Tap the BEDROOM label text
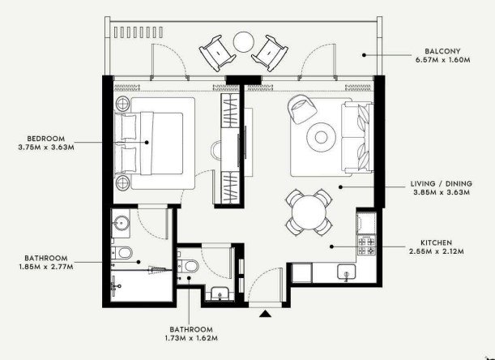click(x=46, y=139)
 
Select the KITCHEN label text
click(x=437, y=242)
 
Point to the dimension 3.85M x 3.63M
click(x=442, y=192)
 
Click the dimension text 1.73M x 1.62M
click(x=191, y=338)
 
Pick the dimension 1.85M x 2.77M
click(x=46, y=267)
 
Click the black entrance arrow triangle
click(x=265, y=314)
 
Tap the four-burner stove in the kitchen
click(x=366, y=245)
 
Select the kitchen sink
click(x=346, y=272)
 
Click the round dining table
click(x=309, y=212)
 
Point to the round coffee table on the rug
click(x=321, y=137)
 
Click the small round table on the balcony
click(x=244, y=42)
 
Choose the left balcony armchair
click(x=217, y=53)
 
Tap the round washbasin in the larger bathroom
click(x=121, y=224)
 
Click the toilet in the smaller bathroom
click(x=187, y=265)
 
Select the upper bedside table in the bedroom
click(x=122, y=103)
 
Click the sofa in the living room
click(x=357, y=138)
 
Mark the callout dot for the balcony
click(x=364, y=55)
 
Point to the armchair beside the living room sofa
click(x=302, y=109)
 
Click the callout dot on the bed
click(x=147, y=143)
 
